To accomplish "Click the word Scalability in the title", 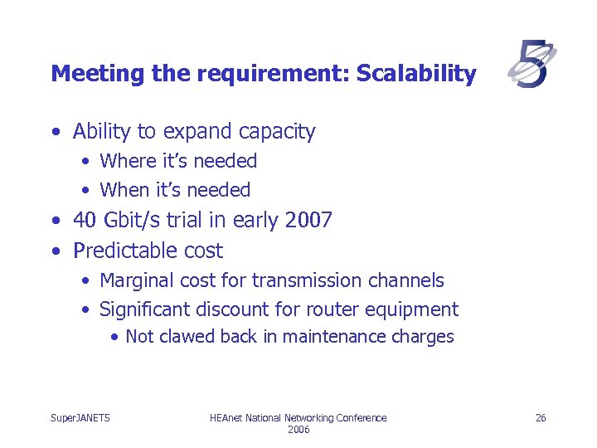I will pos(416,75).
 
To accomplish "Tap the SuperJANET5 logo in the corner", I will pos(531,66).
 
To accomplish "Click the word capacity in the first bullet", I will pos(276,132).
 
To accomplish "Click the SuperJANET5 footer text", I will pos(80,417).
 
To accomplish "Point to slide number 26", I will pos(540,417).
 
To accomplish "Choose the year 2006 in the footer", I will pos(298,429).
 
